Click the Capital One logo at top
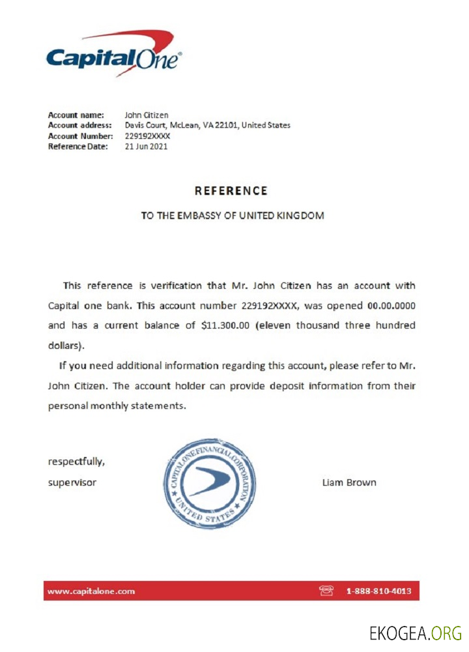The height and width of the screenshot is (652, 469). pos(114,56)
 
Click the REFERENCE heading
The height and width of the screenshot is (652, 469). pos(231,191)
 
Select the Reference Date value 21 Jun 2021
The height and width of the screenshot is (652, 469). pos(146,147)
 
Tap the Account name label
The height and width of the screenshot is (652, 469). pos(76,115)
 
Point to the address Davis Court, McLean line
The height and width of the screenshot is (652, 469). pos(207,125)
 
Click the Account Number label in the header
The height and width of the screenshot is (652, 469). pos(81,136)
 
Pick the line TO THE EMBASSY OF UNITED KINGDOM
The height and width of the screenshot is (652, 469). pos(233,215)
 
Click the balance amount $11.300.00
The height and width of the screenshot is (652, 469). pos(225,325)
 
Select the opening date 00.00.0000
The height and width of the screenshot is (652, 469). pos(391,306)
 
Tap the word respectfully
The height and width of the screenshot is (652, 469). pos(76,462)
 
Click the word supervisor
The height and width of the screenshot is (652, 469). pos(72,482)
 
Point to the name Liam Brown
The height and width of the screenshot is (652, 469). pos(348,482)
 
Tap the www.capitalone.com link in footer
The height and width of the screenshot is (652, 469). pos(91,591)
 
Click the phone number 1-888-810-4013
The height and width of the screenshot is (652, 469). pos(378,591)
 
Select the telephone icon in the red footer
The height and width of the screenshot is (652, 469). pos(326,591)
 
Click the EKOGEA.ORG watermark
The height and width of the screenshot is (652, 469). pos(415,632)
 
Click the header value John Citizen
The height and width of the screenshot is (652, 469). pos(147,115)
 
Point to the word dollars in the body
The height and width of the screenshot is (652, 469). pos(64,345)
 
